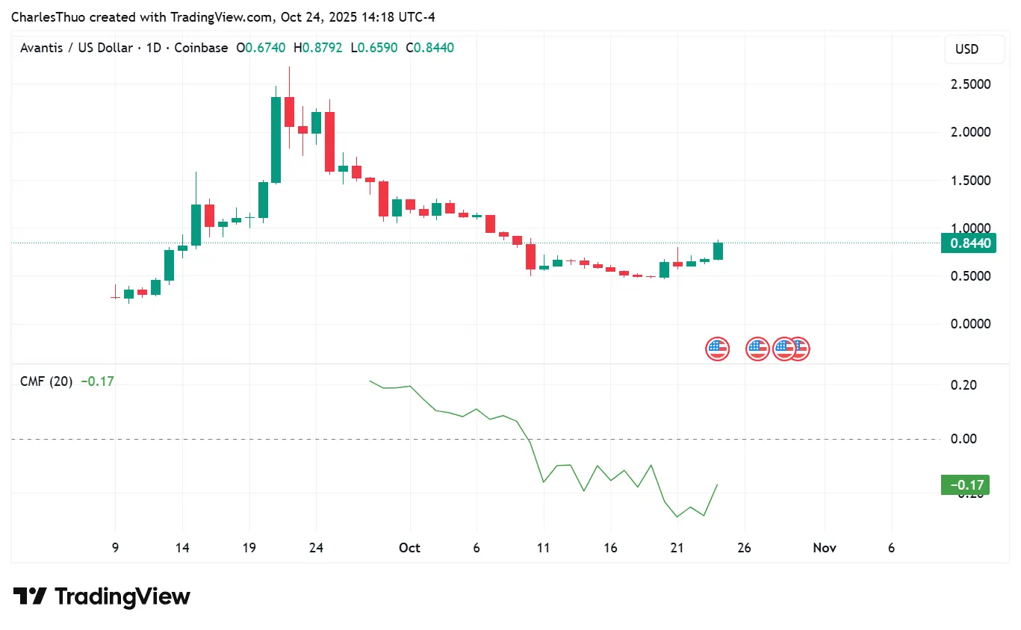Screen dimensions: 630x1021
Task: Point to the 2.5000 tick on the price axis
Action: coord(969,84)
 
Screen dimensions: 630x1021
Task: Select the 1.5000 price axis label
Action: coord(969,181)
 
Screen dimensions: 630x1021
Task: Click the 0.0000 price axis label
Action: coord(969,324)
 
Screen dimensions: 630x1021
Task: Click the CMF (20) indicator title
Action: coord(46,381)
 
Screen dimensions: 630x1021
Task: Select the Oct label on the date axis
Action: coord(409,548)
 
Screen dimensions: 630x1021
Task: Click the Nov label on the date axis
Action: coord(824,548)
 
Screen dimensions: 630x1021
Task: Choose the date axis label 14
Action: coord(182,548)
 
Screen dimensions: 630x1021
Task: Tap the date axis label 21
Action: coord(677,548)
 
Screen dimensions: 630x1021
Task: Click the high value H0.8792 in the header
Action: coord(318,48)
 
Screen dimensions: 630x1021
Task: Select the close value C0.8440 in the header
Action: coord(429,48)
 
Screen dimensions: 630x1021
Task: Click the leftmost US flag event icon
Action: coord(717,349)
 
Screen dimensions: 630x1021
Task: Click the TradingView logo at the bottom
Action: coord(102,597)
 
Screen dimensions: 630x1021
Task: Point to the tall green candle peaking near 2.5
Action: coord(276,140)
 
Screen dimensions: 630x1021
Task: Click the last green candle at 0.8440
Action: coord(718,251)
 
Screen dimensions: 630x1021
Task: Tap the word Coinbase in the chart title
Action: coord(201,48)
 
